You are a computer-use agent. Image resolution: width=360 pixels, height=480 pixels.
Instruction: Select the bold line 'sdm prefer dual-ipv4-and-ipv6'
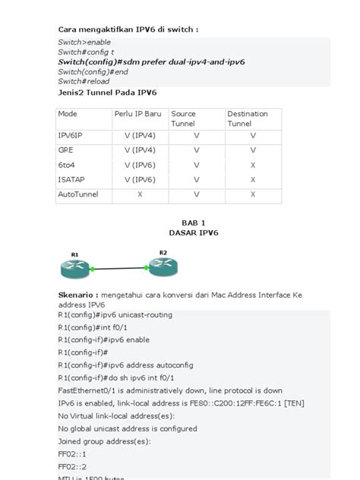click(152, 62)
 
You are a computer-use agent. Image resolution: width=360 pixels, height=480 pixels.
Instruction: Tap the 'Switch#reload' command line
click(84, 81)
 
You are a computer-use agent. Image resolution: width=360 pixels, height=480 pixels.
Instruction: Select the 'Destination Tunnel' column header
click(248, 118)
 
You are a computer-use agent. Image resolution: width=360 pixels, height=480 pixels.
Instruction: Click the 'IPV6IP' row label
click(71, 135)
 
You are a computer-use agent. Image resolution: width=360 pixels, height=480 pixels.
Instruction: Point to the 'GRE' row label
click(66, 150)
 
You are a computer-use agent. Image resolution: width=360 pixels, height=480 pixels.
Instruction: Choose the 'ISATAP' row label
click(71, 180)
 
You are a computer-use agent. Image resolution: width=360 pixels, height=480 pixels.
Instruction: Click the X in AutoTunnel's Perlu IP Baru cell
click(140, 194)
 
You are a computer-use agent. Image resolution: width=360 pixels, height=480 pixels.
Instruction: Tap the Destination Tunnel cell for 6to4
click(252, 165)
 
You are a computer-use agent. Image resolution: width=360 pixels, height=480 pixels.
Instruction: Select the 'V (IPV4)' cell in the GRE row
click(140, 150)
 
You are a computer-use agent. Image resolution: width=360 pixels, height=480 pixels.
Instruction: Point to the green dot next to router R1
click(93, 269)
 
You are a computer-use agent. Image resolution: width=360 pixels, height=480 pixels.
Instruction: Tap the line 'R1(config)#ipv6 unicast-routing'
click(115, 314)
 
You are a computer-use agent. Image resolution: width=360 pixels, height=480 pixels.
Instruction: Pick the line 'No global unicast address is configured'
click(129, 428)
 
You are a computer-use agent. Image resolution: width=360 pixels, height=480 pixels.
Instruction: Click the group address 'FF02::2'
click(72, 467)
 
